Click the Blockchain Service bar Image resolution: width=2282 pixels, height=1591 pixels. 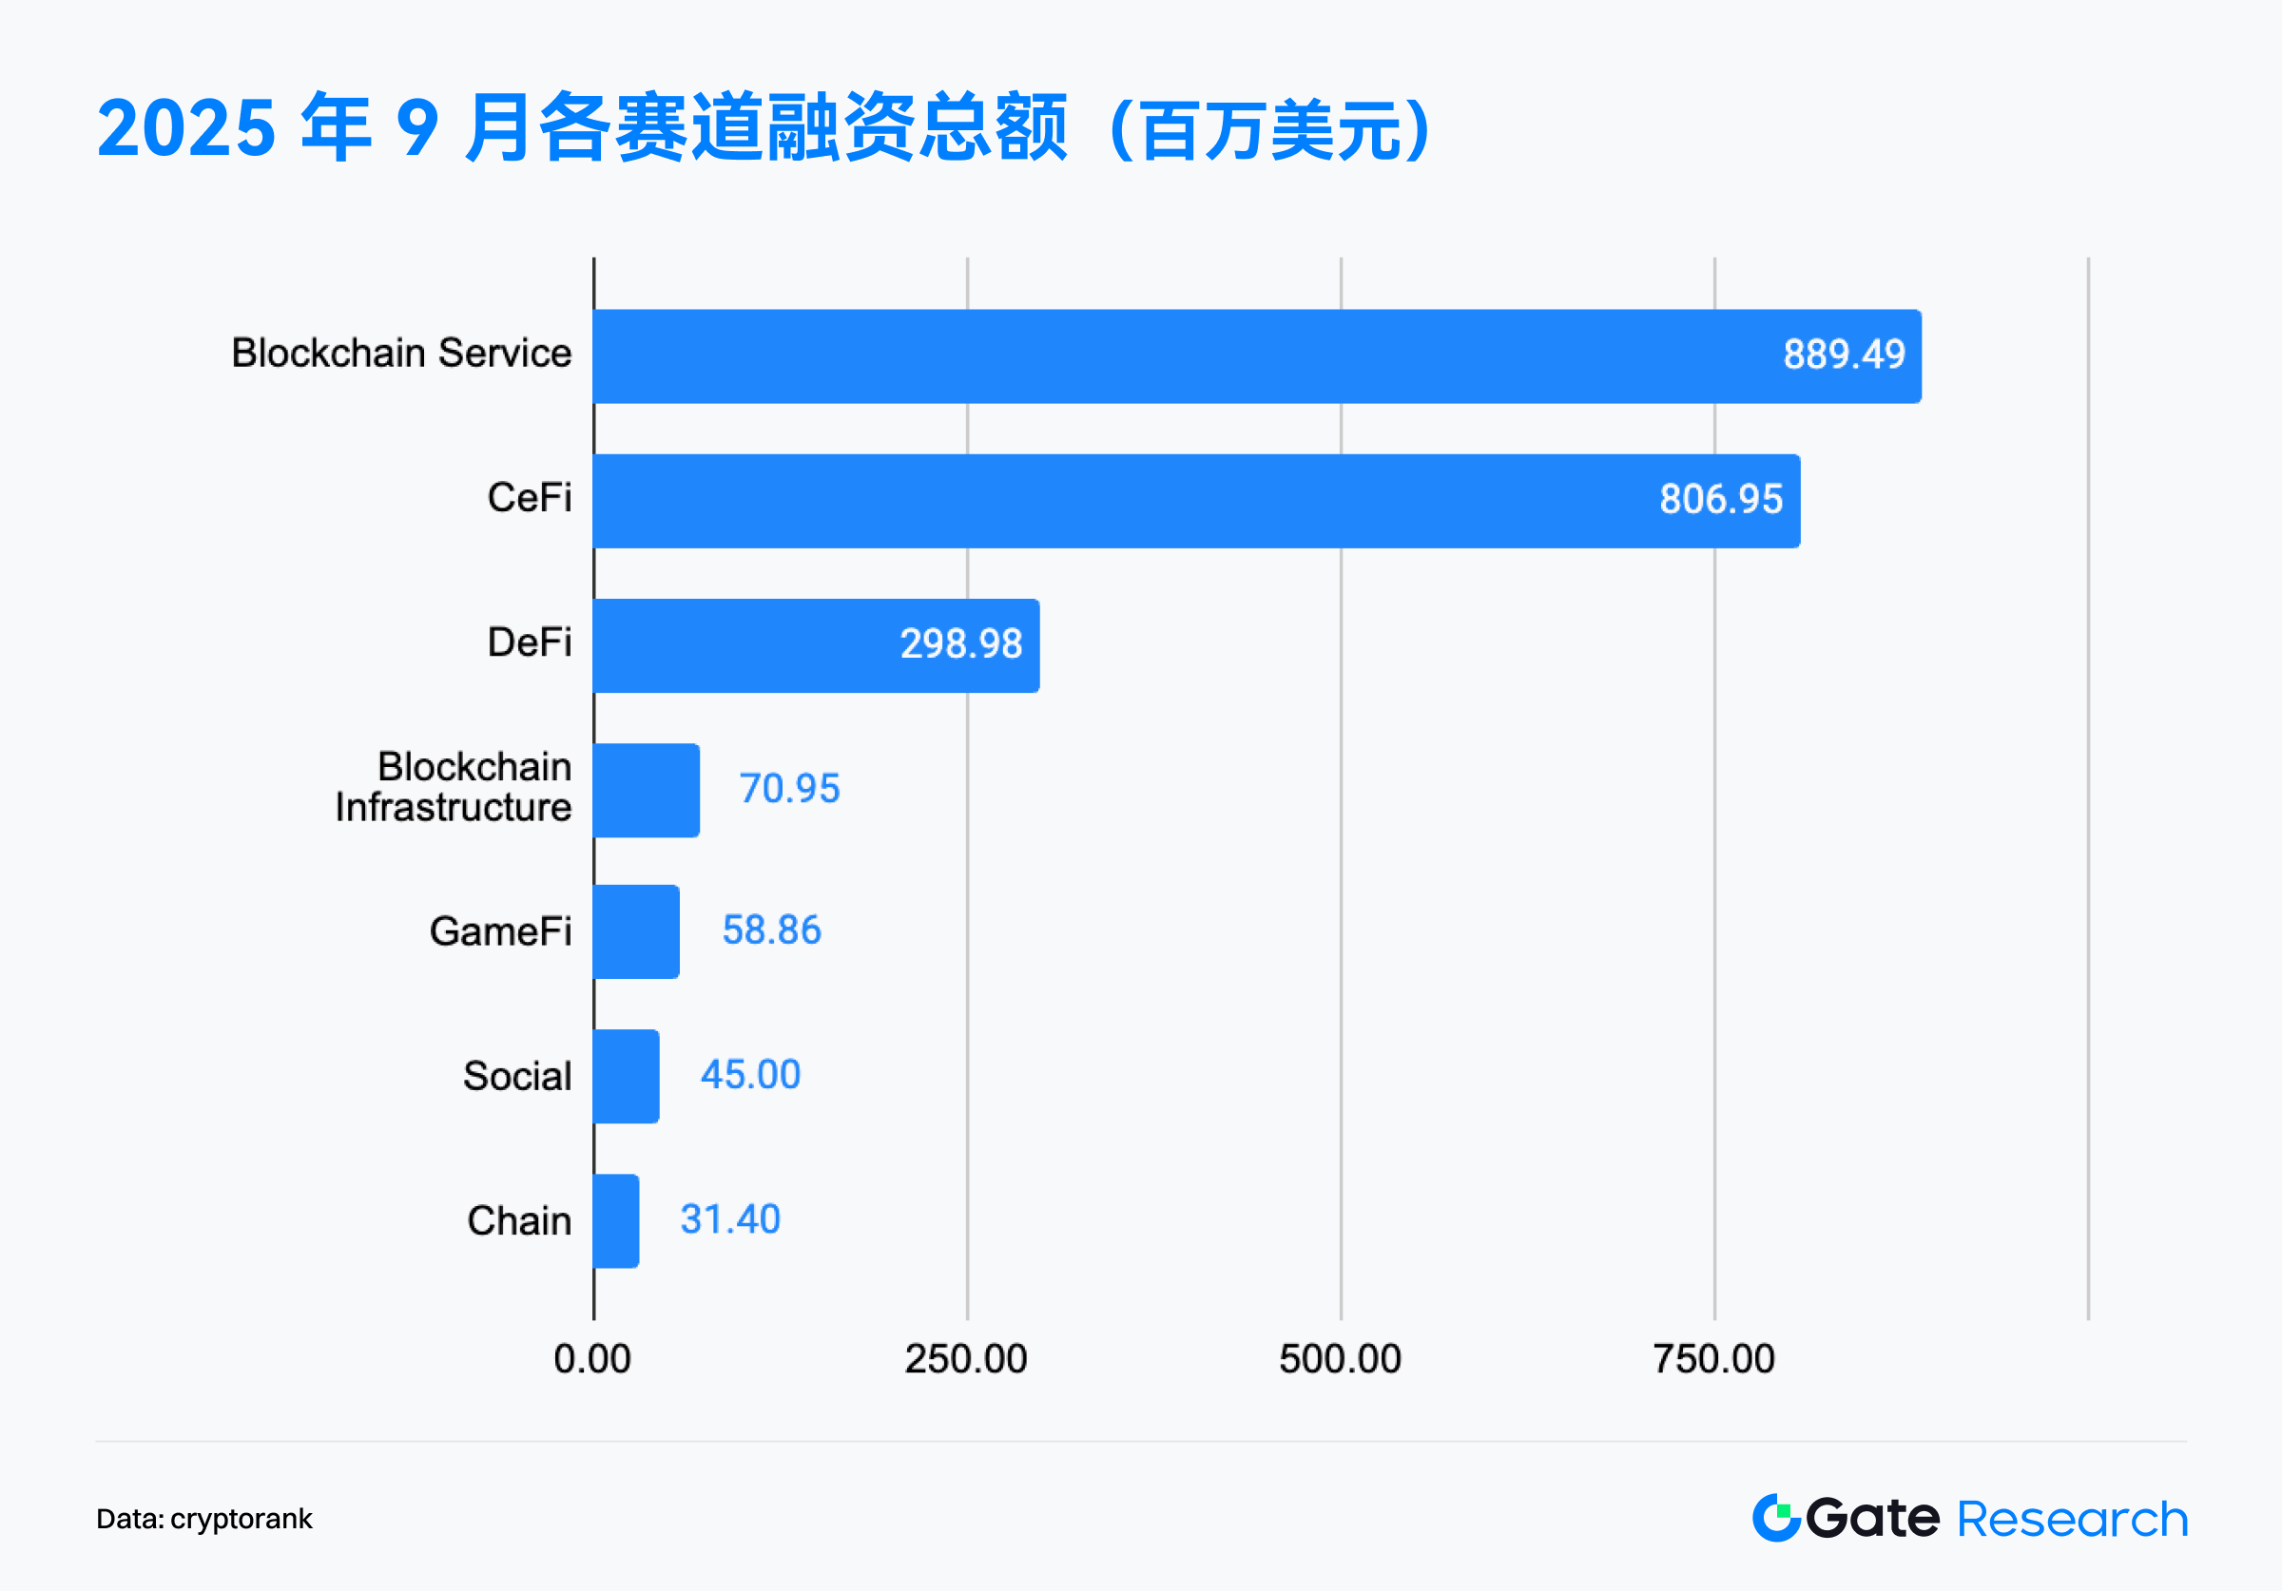[x=1256, y=355]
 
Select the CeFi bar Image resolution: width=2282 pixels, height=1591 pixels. [x=1195, y=501]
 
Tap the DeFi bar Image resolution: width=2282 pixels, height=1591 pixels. [x=815, y=645]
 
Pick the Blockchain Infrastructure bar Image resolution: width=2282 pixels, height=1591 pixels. [x=646, y=790]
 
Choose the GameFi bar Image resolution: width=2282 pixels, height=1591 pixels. [x=636, y=931]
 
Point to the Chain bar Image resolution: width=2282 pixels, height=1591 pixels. [x=616, y=1220]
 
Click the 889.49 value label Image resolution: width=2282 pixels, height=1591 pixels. [x=1844, y=355]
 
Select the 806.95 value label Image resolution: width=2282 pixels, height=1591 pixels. [x=1720, y=499]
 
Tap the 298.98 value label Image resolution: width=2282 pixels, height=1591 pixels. [x=961, y=644]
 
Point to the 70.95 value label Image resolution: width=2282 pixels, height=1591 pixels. [x=789, y=789]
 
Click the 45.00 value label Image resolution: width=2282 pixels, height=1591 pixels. [x=750, y=1075]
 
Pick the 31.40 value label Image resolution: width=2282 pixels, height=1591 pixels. [x=730, y=1219]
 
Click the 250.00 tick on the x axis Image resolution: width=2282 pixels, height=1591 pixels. [x=965, y=1358]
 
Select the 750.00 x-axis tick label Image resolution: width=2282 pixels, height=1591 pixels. [x=1713, y=1358]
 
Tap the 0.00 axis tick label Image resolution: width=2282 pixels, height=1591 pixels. [x=592, y=1358]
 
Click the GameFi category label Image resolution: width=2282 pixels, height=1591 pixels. [x=500, y=932]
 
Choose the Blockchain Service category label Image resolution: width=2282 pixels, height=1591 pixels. [x=401, y=353]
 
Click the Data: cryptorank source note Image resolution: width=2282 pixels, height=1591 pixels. [x=203, y=1519]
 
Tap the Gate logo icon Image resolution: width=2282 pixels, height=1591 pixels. [x=1776, y=1518]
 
